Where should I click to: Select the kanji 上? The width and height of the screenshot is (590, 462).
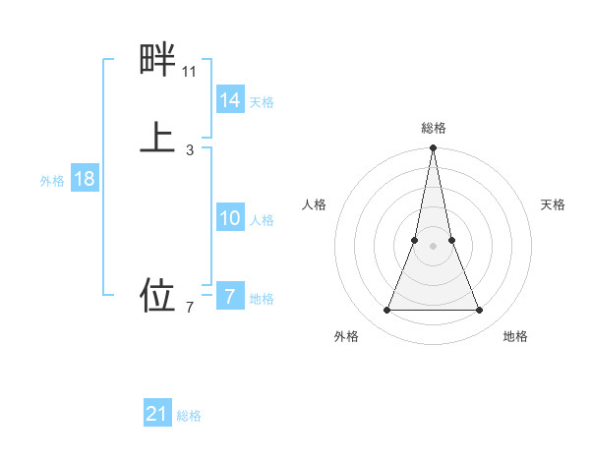[157, 136]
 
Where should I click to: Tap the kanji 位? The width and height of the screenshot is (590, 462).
[157, 294]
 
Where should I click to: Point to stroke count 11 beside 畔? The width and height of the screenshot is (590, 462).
[189, 72]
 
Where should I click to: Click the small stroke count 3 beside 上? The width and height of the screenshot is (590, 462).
[190, 150]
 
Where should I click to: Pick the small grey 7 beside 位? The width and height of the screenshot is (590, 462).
[190, 308]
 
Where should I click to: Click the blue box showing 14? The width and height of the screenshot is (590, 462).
[230, 100]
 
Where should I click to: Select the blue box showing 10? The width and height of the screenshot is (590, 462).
[230, 218]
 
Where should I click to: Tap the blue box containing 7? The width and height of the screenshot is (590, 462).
[230, 297]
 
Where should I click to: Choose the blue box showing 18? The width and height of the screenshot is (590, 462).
[85, 179]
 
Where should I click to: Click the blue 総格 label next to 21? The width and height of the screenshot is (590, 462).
[189, 416]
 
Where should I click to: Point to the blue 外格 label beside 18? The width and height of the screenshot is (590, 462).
[52, 181]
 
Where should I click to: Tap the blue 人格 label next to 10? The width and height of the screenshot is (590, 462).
[262, 220]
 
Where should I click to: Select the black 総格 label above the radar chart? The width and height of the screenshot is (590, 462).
[434, 128]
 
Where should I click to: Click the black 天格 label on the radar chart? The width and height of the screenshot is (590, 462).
[553, 204]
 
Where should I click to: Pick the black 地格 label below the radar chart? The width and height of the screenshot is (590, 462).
[515, 336]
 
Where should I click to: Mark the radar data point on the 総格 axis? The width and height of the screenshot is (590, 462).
[434, 148]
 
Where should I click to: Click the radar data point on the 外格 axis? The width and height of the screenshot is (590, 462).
[387, 311]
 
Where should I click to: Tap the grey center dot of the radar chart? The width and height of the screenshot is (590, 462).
[434, 247]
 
